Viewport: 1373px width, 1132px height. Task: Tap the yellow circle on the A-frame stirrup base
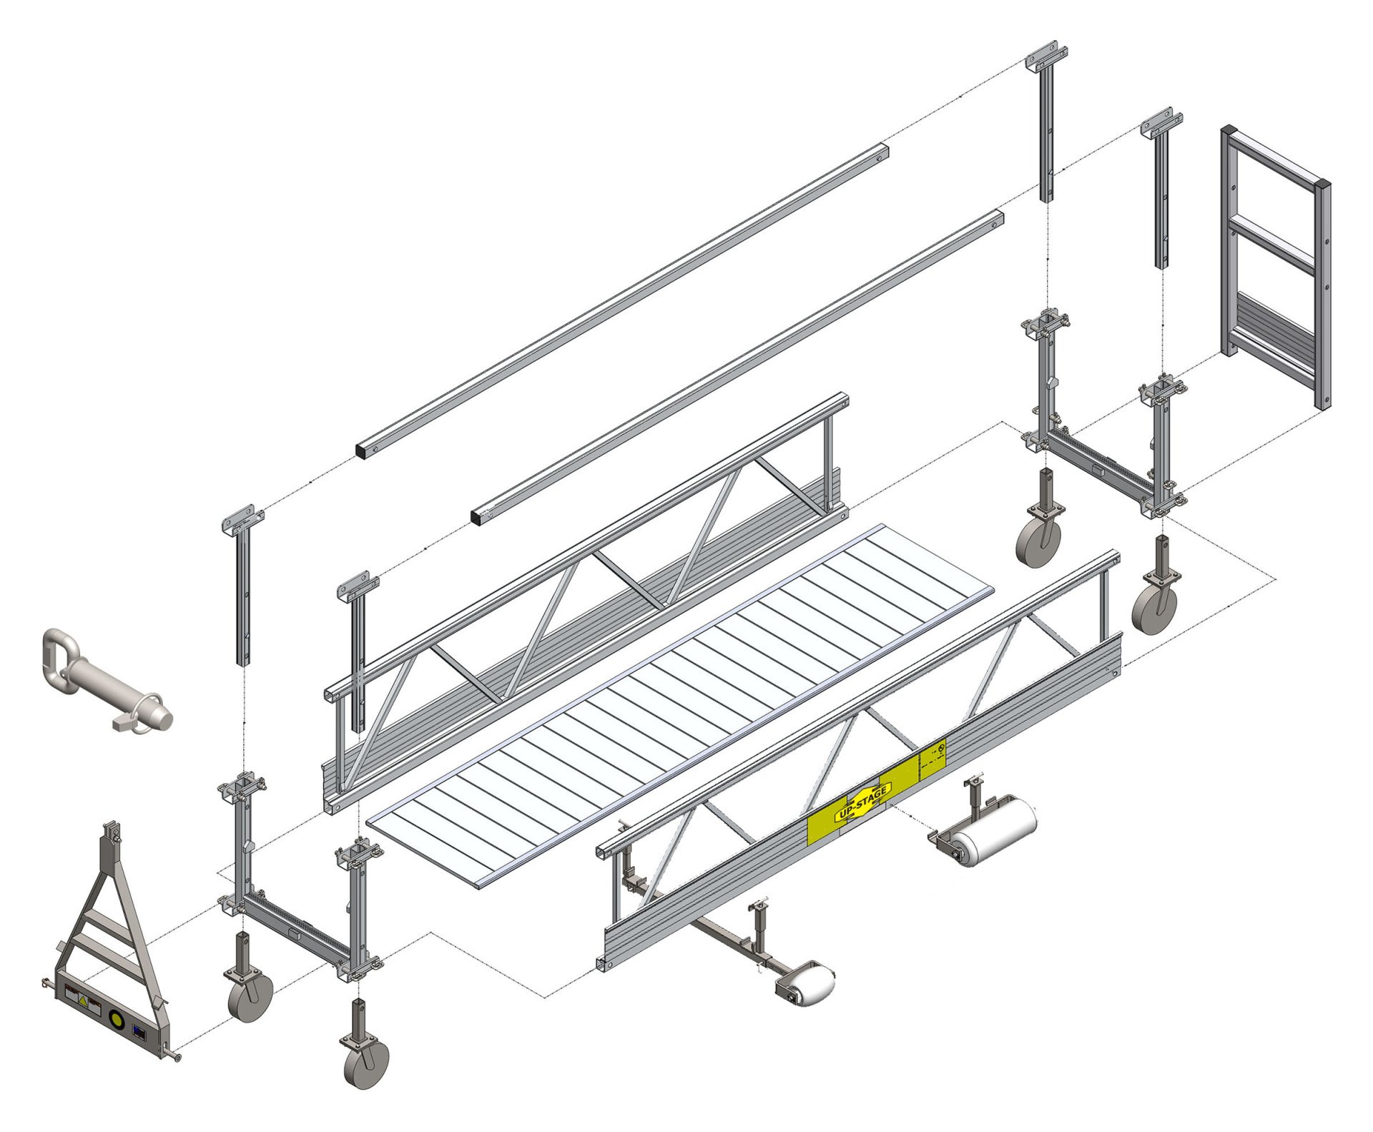117,1017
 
